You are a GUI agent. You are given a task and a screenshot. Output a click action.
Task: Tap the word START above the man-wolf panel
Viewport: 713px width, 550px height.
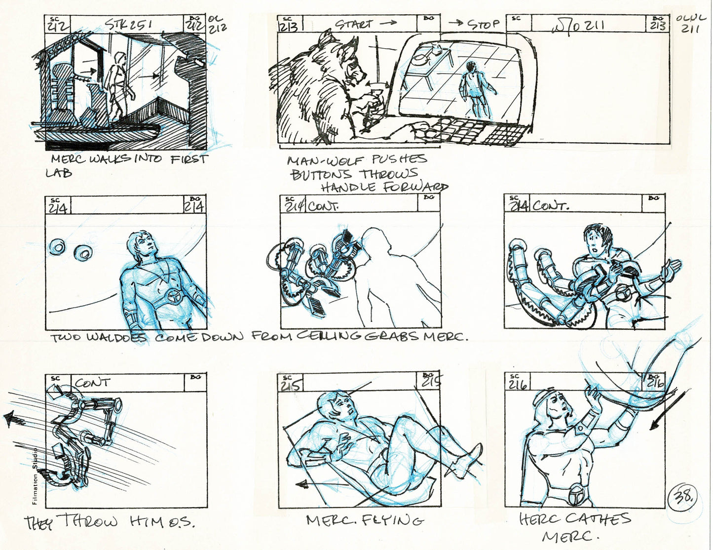[x=354, y=24]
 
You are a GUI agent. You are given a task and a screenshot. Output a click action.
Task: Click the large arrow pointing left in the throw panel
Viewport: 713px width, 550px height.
[x=15, y=420]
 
